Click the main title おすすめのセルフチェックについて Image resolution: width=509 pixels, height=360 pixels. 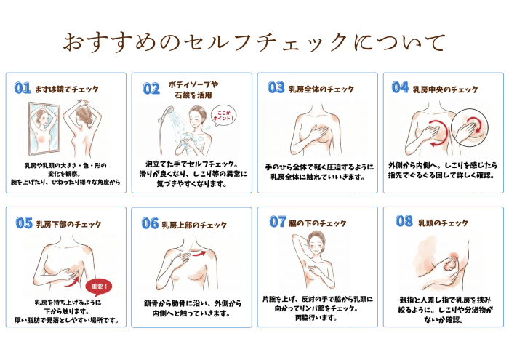point(254,42)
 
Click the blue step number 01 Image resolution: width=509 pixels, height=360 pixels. point(23,88)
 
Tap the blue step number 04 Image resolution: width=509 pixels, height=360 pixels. point(400,87)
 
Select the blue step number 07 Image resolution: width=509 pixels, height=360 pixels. point(278,222)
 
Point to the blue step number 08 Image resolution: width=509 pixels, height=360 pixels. point(404,221)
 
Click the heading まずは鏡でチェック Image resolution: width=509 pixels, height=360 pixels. point(67,89)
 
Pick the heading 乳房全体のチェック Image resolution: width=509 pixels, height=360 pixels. point(321,89)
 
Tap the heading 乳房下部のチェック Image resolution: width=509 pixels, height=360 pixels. point(68,224)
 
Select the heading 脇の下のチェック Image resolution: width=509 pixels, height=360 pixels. point(318,223)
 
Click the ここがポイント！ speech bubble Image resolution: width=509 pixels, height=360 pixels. point(223,116)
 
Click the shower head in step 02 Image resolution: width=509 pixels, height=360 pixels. point(168,112)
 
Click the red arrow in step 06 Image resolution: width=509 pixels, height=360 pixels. point(199,254)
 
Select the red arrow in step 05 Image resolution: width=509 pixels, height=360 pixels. point(72,281)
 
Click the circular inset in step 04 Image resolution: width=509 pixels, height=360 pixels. point(470,127)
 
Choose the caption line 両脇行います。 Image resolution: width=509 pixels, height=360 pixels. point(316,318)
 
